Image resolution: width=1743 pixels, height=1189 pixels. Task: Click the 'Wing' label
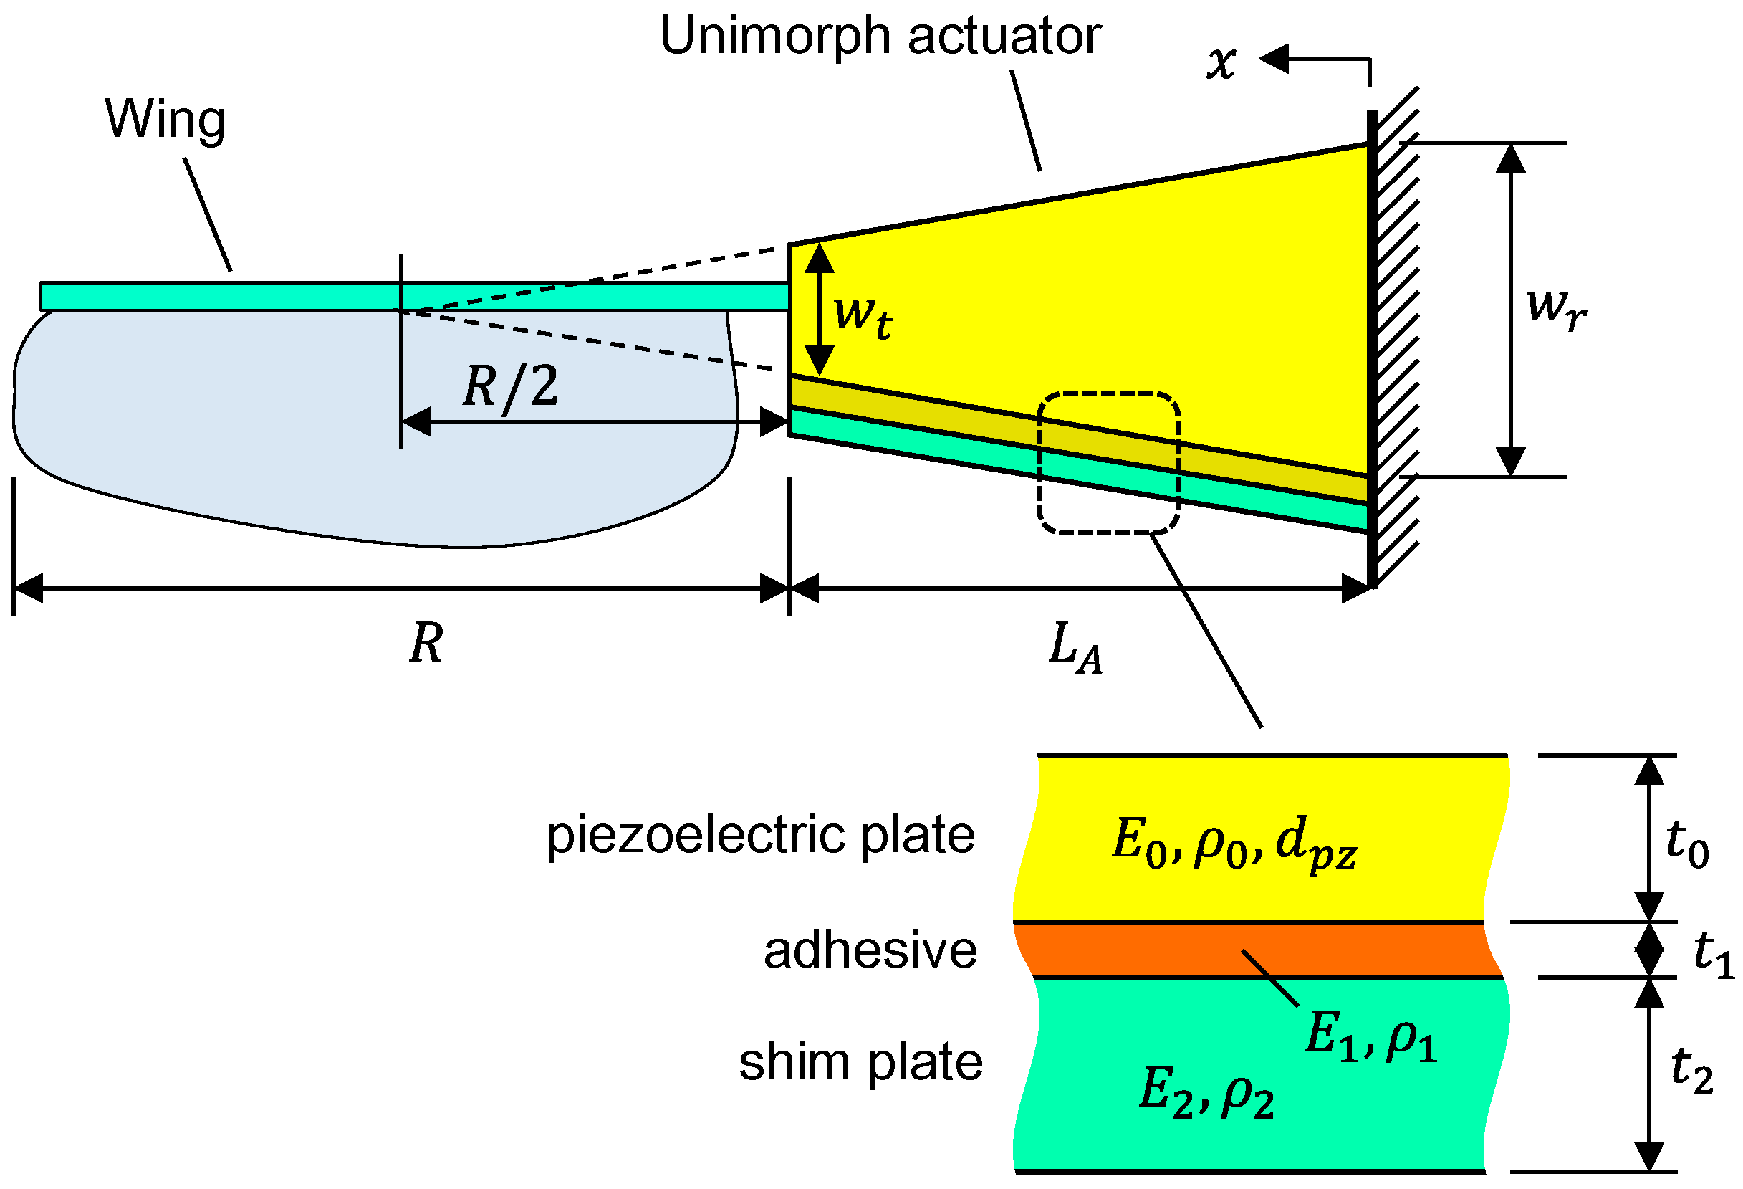165,120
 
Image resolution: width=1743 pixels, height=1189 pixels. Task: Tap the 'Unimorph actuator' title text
880,36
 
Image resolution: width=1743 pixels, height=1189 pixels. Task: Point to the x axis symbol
1221,63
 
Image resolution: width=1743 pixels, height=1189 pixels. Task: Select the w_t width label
863,317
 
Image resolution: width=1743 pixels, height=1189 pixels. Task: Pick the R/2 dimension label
511,386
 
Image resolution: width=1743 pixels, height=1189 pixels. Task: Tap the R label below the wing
426,643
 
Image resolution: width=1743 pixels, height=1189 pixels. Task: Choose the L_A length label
1075,647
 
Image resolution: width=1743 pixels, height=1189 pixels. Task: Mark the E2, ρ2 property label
1206,1092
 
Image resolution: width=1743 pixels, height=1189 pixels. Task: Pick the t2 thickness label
1693,1071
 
